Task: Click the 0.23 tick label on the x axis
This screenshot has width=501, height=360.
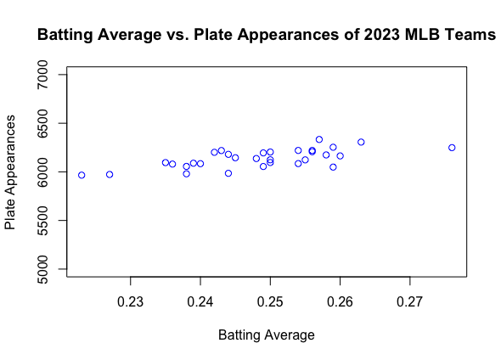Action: (x=131, y=301)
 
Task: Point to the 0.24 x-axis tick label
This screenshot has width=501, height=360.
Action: (x=200, y=301)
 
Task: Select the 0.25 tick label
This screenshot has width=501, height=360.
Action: (x=270, y=301)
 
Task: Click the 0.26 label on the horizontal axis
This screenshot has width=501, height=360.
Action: (x=340, y=301)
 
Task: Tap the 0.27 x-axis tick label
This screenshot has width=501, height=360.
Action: (x=410, y=301)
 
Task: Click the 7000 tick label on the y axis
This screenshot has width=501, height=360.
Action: (x=42, y=75)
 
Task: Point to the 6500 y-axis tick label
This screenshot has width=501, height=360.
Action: (x=42, y=123)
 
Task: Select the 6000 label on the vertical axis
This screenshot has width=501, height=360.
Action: (x=42, y=172)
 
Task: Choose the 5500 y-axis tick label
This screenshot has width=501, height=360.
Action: (x=42, y=221)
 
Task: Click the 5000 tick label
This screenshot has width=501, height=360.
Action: (x=42, y=269)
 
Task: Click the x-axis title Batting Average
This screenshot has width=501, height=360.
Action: (x=267, y=335)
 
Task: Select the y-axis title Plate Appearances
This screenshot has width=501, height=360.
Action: (x=10, y=172)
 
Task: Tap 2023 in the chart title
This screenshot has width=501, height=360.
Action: (x=382, y=35)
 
